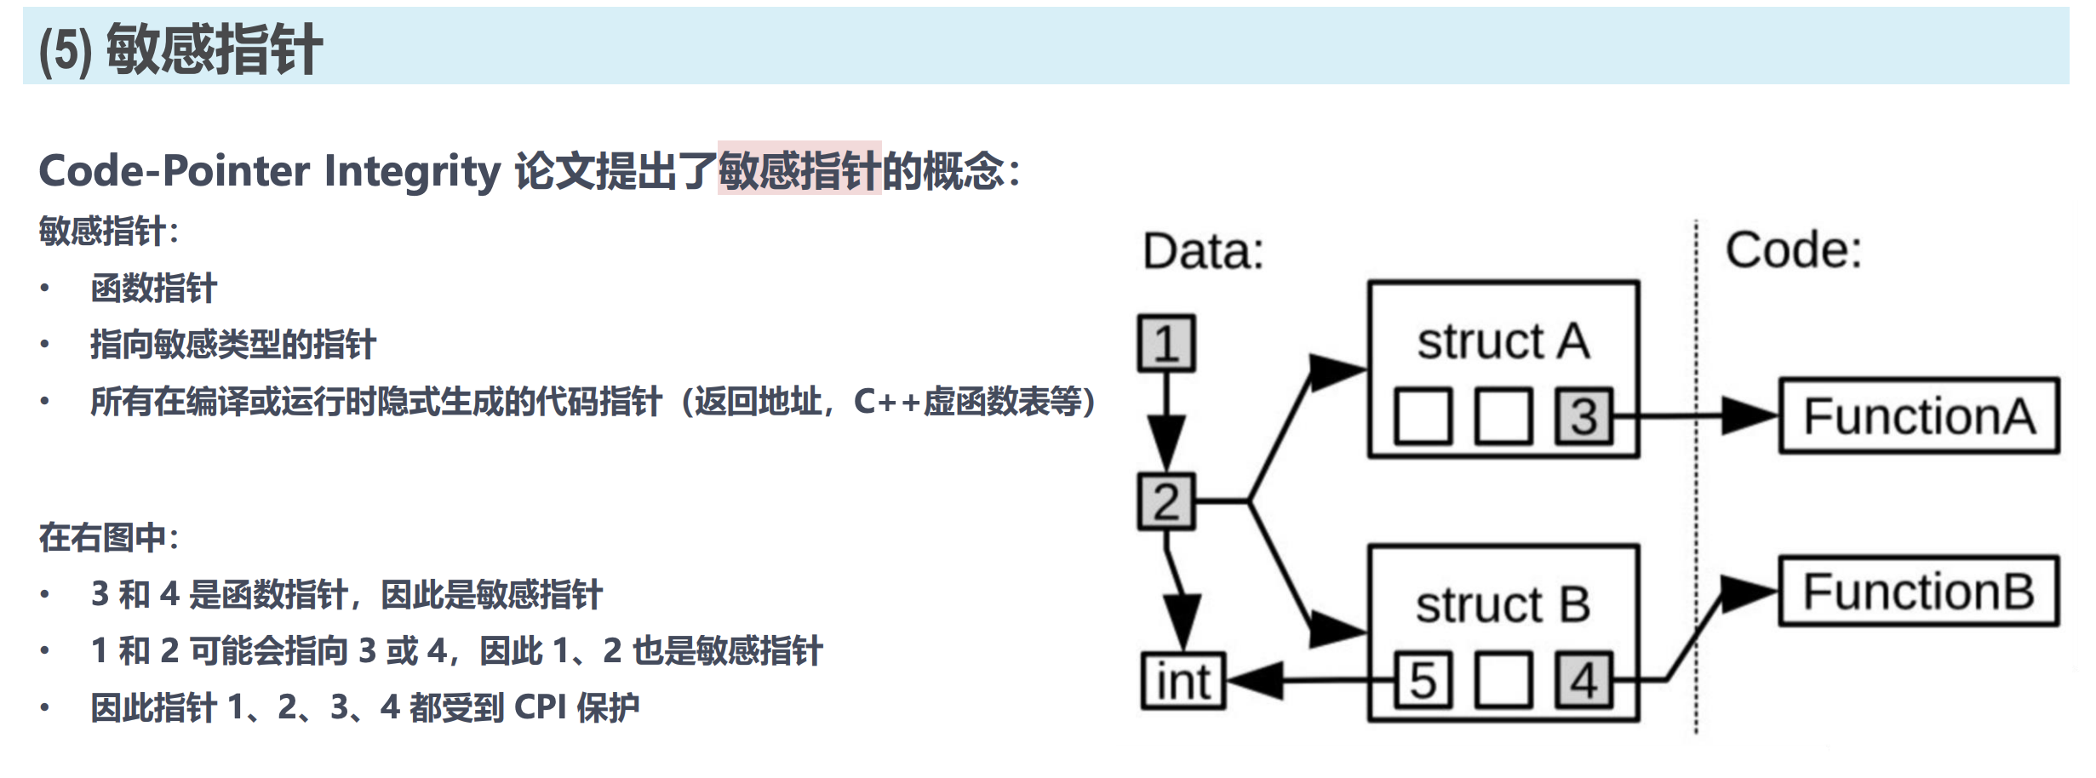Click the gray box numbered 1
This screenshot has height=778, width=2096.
click(1166, 343)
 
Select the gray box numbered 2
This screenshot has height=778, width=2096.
click(1166, 501)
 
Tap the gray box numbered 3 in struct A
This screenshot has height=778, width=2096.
click(1583, 416)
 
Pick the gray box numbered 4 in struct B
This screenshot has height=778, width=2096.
click(1583, 680)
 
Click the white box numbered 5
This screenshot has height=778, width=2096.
click(1423, 680)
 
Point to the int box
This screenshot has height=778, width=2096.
click(1183, 681)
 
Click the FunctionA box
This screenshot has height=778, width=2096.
click(1919, 416)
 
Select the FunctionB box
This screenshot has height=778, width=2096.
click(1919, 592)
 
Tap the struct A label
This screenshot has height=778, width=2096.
click(1503, 341)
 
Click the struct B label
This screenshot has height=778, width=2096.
click(1503, 605)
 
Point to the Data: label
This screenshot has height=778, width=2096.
click(1203, 251)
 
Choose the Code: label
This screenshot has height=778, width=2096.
click(1793, 250)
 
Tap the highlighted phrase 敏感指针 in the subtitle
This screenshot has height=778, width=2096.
click(799, 169)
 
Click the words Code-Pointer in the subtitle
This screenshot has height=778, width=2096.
click(175, 170)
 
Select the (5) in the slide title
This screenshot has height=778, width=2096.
click(66, 50)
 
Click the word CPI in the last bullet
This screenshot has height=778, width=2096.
click(540, 707)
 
